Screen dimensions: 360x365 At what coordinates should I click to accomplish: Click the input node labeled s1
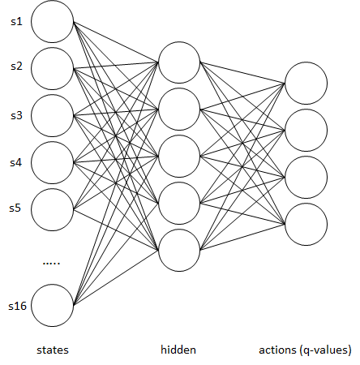(x=52, y=21)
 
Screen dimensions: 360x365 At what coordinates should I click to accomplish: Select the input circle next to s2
(x=52, y=68)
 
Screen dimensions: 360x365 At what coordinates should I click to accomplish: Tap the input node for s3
(x=52, y=115)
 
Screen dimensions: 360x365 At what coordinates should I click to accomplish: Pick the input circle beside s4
(x=52, y=162)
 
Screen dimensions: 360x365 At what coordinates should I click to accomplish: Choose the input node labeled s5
(x=52, y=209)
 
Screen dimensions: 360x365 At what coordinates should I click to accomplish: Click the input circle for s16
(x=52, y=305)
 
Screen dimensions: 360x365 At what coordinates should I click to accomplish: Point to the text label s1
(x=16, y=21)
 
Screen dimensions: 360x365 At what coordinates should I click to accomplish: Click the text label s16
(x=18, y=306)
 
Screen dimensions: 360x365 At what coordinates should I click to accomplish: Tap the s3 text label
(x=16, y=115)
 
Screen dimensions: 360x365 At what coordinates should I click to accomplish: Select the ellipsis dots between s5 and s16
(x=51, y=263)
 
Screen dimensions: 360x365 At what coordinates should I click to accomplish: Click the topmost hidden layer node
(x=179, y=62)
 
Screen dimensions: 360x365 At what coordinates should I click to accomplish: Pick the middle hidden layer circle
(x=179, y=157)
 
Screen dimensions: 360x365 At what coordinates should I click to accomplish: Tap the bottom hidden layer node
(x=179, y=250)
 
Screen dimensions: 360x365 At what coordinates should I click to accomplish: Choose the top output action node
(x=306, y=83)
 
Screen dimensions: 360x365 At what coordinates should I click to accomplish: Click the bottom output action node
(x=306, y=225)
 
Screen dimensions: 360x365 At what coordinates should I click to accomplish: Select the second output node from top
(x=306, y=131)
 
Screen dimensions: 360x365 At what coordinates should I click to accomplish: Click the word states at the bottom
(x=53, y=350)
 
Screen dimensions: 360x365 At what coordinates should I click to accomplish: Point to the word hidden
(x=178, y=350)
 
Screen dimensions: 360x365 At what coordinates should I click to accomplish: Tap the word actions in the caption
(x=277, y=350)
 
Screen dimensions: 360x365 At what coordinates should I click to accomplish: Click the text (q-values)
(x=326, y=350)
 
